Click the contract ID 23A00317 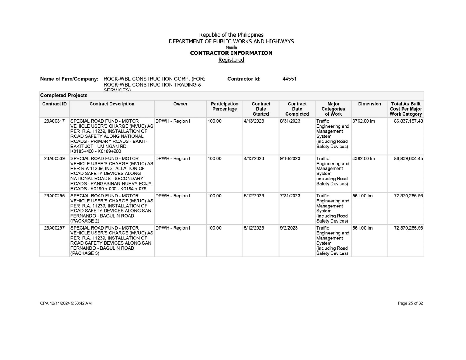point(54,121)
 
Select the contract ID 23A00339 point(54,159)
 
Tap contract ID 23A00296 point(54,196)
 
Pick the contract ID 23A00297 point(54,228)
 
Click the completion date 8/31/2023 point(290,121)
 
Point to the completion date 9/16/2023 point(290,159)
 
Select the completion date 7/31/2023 point(290,196)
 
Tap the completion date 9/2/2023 point(289,228)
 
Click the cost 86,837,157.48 point(408,121)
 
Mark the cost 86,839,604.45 point(408,159)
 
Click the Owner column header point(180,104)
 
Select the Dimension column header point(369,104)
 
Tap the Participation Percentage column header point(225,107)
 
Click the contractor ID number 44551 point(289,79)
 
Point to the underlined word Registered point(231,60)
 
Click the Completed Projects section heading point(64,96)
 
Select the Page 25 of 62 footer point(410,303)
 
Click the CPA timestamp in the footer point(66,303)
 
